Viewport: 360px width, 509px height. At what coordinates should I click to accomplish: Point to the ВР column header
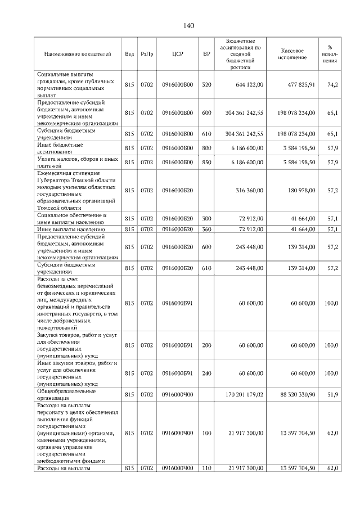click(206, 54)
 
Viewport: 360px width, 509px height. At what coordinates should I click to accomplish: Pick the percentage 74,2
click(332, 85)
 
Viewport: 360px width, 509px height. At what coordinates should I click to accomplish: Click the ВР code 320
click(206, 85)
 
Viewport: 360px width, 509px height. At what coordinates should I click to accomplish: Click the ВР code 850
click(206, 163)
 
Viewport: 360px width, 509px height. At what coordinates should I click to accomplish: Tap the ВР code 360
click(206, 229)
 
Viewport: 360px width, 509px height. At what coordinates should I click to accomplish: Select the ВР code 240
click(206, 373)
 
